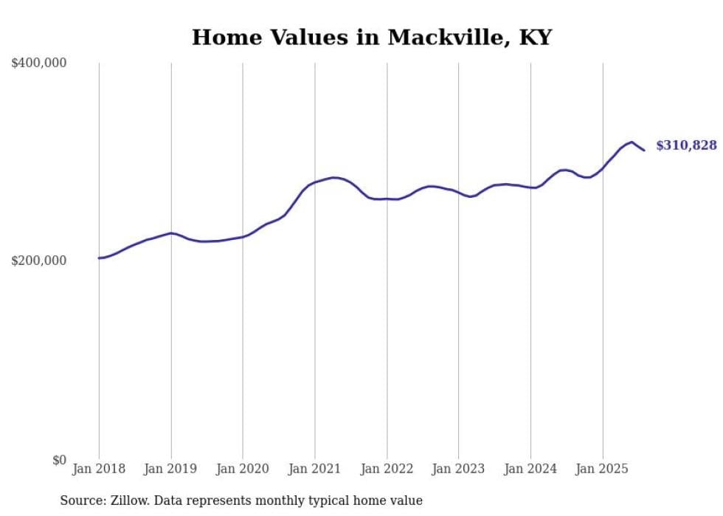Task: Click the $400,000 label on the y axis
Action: pyautogui.click(x=39, y=63)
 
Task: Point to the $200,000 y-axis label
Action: pyautogui.click(x=39, y=261)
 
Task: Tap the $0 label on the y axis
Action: pyautogui.click(x=58, y=460)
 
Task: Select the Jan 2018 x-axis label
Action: pyautogui.click(x=99, y=469)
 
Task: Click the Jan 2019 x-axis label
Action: pyautogui.click(x=170, y=469)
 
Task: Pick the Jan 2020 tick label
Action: pyautogui.click(x=243, y=469)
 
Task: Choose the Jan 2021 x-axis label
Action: pyautogui.click(x=315, y=469)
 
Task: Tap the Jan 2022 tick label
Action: pyautogui.click(x=387, y=469)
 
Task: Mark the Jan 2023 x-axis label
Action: pyautogui.click(x=459, y=469)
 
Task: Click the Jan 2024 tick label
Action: pyautogui.click(x=530, y=469)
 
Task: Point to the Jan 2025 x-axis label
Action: pyautogui.click(x=603, y=469)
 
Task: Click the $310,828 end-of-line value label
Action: pyautogui.click(x=686, y=145)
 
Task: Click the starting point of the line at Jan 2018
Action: pyautogui.click(x=99, y=258)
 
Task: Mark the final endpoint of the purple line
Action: pyautogui.click(x=644, y=151)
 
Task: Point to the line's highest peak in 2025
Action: pyautogui.click(x=632, y=142)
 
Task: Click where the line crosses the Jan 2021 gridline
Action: pyautogui.click(x=315, y=182)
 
